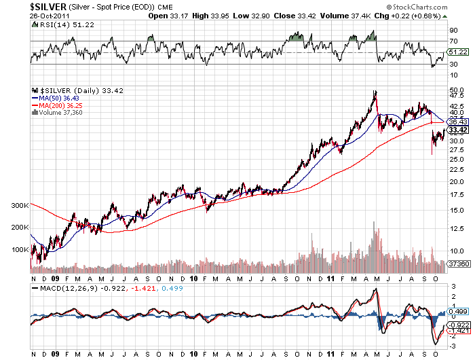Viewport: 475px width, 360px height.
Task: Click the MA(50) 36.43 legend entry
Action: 55,97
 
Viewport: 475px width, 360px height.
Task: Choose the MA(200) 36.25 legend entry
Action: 57,105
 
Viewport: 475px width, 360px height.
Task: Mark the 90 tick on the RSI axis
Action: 453,31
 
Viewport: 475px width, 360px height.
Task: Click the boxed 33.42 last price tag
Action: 459,130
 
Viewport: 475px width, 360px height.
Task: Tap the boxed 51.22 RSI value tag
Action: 459,52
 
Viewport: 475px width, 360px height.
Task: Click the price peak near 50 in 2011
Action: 375,91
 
